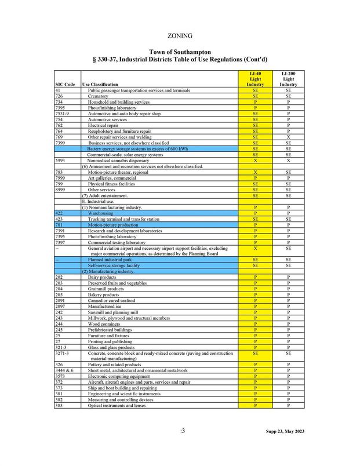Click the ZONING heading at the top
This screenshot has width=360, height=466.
click(180, 36)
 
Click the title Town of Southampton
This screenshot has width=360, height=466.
click(180, 52)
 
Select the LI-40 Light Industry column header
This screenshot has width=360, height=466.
click(255, 79)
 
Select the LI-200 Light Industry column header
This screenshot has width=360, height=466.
click(288, 79)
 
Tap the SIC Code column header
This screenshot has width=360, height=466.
click(65, 85)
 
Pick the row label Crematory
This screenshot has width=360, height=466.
click(99, 96)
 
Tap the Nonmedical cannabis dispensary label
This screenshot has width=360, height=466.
click(118, 161)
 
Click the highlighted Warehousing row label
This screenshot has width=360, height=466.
click(101, 213)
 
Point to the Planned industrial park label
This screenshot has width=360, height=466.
click(110, 260)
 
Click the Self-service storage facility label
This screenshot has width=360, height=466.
click(114, 265)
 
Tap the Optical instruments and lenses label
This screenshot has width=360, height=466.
click(117, 405)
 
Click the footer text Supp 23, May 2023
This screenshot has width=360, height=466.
click(285, 431)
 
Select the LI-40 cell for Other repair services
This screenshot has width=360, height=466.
click(255, 137)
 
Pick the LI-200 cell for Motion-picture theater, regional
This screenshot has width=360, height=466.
click(288, 172)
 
